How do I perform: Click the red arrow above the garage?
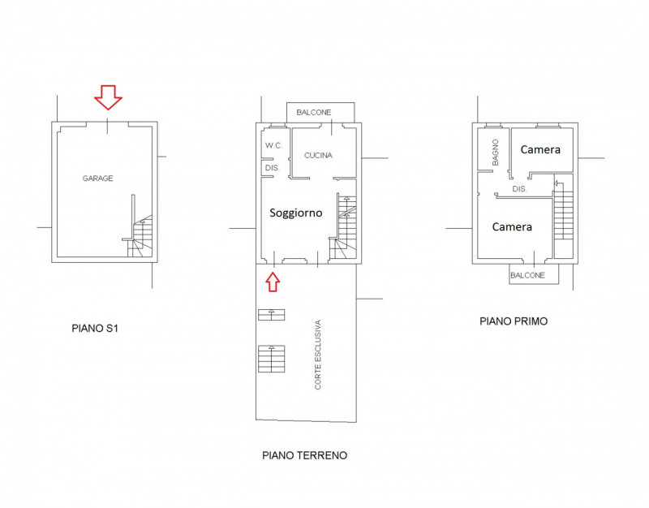(x=108, y=97)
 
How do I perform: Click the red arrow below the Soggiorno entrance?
(x=273, y=282)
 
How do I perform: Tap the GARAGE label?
(x=97, y=179)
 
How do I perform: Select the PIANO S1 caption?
(x=95, y=329)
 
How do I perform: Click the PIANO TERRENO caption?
(x=305, y=455)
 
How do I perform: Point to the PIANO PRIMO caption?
(x=514, y=321)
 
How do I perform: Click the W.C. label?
(x=273, y=145)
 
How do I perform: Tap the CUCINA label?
(x=318, y=155)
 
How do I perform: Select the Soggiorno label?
(x=295, y=213)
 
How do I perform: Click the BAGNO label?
(x=496, y=153)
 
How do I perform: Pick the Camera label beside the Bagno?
(x=540, y=149)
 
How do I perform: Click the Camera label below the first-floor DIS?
(x=512, y=227)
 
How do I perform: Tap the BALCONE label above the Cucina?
(x=314, y=112)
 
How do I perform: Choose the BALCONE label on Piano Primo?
(x=527, y=275)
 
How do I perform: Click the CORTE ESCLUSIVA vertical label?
(x=318, y=355)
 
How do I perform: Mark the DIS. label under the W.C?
(x=273, y=168)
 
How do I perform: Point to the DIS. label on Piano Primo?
(x=519, y=189)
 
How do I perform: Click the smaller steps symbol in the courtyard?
(x=272, y=315)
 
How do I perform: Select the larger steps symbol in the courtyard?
(x=272, y=359)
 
